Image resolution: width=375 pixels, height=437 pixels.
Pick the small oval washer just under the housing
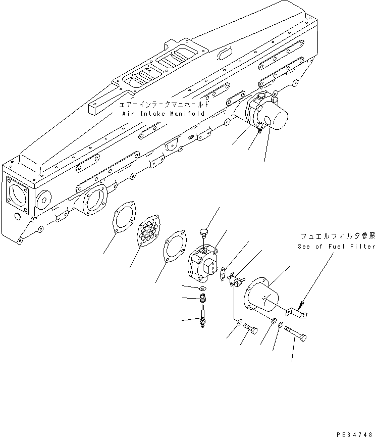pos(202,289)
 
